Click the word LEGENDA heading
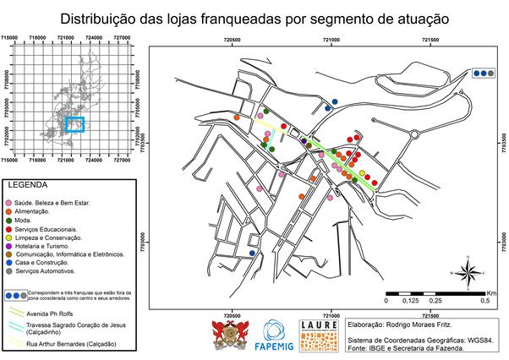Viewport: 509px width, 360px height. pos(28,184)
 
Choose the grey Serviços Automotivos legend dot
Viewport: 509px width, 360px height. pos(8,271)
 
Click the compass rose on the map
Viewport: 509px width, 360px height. pos(466,272)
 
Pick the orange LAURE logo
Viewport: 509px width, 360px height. pos(319,335)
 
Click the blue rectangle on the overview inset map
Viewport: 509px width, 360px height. pos(76,126)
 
